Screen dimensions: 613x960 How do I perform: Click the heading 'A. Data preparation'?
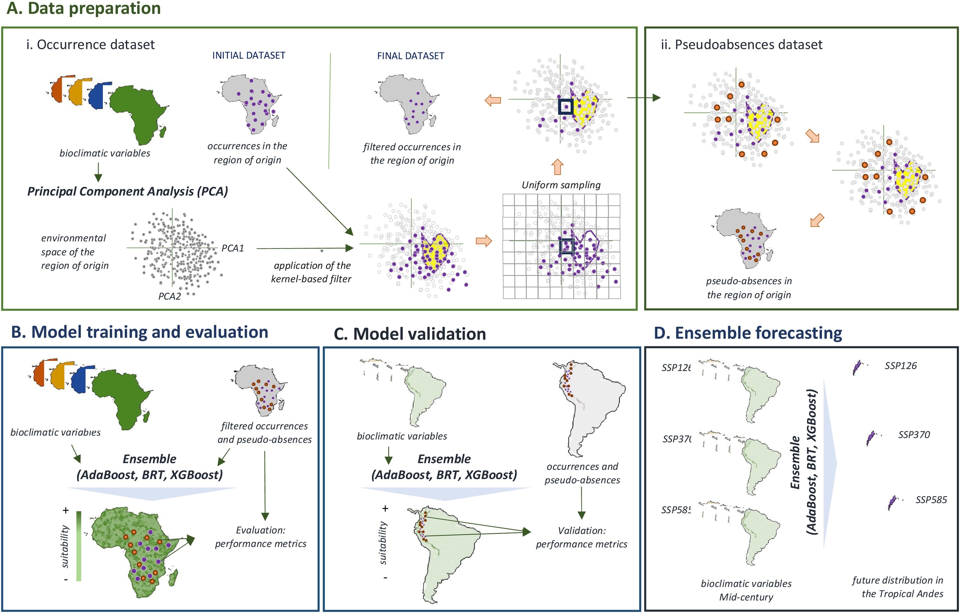pos(84,9)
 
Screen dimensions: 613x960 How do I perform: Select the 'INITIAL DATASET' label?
pos(248,55)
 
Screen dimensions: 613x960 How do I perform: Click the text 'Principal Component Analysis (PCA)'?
pos(127,191)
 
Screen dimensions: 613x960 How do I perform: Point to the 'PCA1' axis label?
pos(232,248)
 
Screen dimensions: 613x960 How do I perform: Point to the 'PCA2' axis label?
pos(169,296)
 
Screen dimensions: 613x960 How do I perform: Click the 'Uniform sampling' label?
pos(561,185)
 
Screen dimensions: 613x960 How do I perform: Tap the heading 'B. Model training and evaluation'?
pos(140,332)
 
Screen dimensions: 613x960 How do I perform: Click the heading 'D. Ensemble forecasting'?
pos(748,333)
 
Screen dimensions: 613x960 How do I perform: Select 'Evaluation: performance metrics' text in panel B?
pos(261,537)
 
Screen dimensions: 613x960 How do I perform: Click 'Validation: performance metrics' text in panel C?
pos(581,537)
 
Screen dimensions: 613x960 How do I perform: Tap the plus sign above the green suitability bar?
pos(66,510)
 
